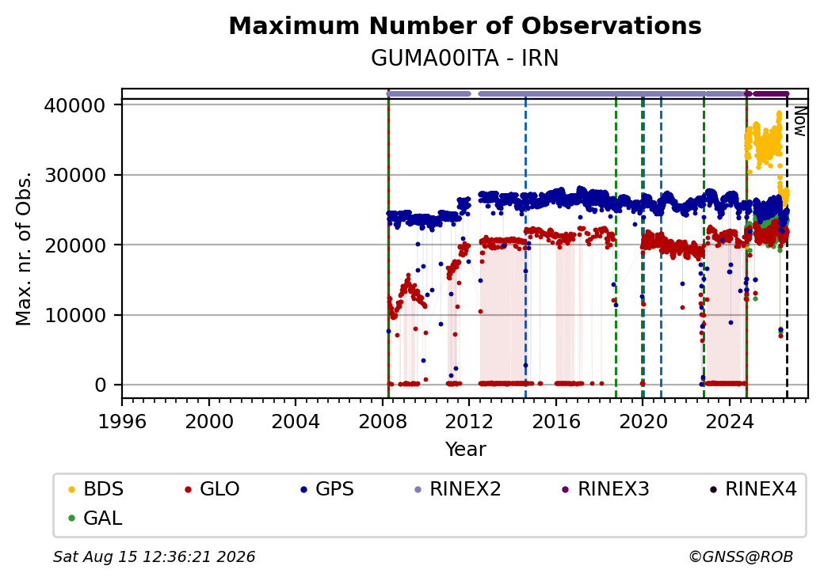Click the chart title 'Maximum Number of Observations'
click(x=465, y=25)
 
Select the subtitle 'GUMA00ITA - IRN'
click(x=465, y=59)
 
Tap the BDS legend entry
click(x=96, y=489)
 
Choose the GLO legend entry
click(x=212, y=489)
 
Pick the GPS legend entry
click(x=327, y=489)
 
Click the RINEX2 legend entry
click(x=458, y=489)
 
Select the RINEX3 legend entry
click(x=605, y=489)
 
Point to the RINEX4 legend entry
click(x=753, y=489)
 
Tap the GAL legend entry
click(x=95, y=518)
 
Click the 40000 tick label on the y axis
click(x=74, y=105)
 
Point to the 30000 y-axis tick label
click(x=74, y=175)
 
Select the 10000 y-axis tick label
click(x=74, y=315)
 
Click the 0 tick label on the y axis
click(x=101, y=385)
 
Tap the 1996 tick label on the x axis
click(x=123, y=421)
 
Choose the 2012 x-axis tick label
click(x=469, y=421)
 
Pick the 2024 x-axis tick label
click(x=730, y=421)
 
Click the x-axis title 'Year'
click(x=466, y=450)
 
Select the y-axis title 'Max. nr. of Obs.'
click(x=24, y=249)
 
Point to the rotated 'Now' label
click(x=799, y=121)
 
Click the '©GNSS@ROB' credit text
click(x=741, y=556)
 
